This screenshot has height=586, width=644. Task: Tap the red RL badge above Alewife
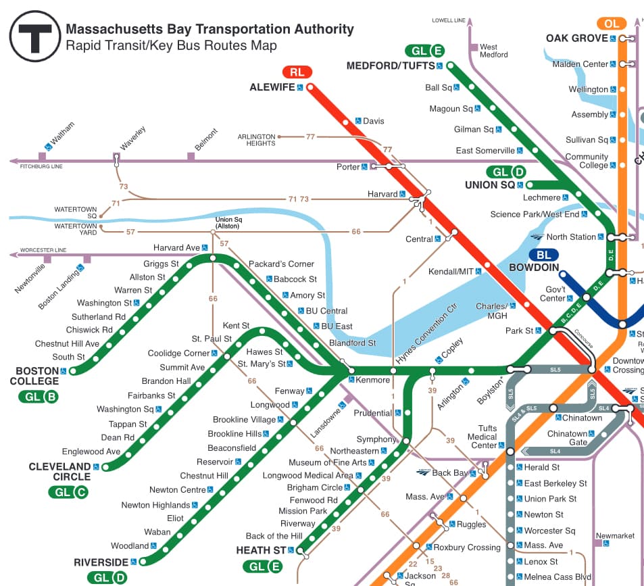coord(297,72)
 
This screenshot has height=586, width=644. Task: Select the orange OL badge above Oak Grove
coord(612,24)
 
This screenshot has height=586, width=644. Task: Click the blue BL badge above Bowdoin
coord(543,255)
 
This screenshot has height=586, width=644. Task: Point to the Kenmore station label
coord(372,380)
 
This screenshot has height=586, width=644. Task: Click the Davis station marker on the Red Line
coord(346,122)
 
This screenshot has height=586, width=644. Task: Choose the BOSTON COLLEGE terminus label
coord(37,376)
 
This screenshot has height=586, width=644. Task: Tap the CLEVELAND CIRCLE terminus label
coord(59,472)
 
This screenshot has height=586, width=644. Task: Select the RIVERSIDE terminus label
coord(101,562)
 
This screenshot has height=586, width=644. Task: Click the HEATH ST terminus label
coord(261,551)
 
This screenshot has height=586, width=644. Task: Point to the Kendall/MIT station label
coord(451,272)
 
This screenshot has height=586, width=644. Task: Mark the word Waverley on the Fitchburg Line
coord(132,138)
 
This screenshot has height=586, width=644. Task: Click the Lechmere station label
coord(542,198)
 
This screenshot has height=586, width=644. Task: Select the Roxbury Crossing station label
coord(467,547)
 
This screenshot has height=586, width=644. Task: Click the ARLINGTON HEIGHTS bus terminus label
coord(256,140)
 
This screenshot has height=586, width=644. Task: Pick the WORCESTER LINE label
coord(43,250)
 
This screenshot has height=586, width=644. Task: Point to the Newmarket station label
coord(615,535)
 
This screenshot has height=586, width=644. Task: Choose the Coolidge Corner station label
coord(178,353)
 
